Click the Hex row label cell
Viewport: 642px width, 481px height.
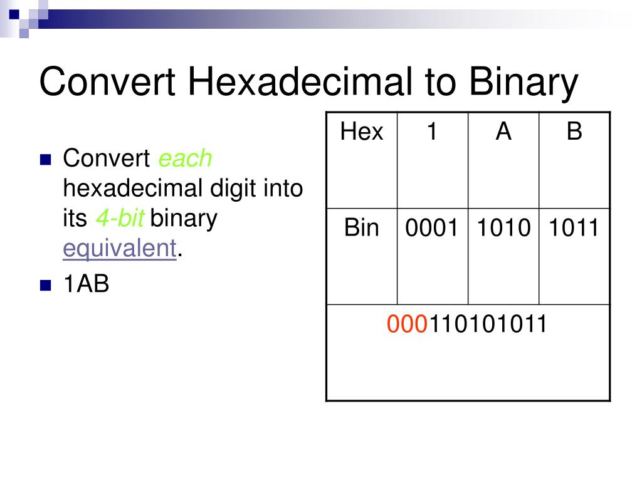click(x=362, y=132)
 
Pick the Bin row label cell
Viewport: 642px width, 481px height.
click(x=362, y=228)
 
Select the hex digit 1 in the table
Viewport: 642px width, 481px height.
click(x=432, y=132)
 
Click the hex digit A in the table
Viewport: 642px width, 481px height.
click(x=503, y=132)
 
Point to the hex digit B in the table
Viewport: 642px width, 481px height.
click(x=574, y=132)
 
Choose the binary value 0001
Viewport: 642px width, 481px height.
click(x=432, y=228)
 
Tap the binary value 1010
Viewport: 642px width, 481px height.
click(x=503, y=228)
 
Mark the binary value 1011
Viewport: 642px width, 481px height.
click(x=574, y=228)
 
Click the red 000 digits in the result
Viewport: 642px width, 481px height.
click(x=402, y=324)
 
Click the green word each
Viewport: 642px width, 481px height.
click(x=185, y=159)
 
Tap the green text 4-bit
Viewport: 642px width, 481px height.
click(x=120, y=219)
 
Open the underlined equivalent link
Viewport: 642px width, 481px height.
click(x=119, y=249)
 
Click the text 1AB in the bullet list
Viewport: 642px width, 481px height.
click(x=86, y=285)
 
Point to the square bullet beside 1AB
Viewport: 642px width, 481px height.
click(x=45, y=286)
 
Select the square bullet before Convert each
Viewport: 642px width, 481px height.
click(x=45, y=160)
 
